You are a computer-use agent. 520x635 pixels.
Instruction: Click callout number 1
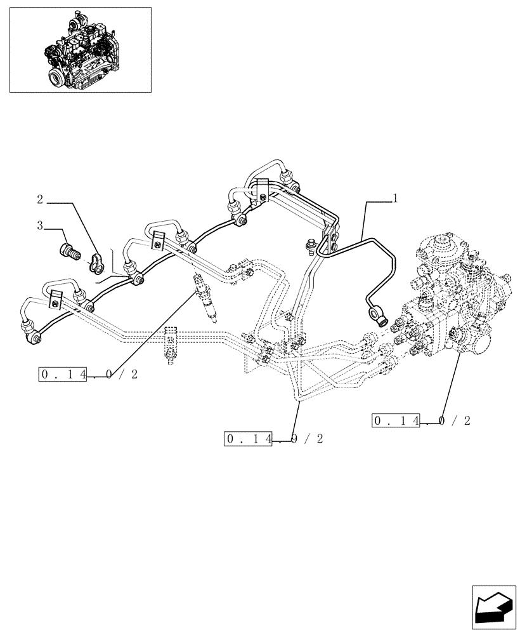pos(395,199)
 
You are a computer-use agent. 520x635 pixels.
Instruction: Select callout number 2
pos(39,200)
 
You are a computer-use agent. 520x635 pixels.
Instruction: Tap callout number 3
pos(39,225)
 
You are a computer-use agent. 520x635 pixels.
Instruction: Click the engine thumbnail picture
pos(80,50)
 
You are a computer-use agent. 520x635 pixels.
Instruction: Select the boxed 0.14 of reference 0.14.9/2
pos(249,439)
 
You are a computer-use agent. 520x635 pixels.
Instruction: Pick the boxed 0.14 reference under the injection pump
pos(397,420)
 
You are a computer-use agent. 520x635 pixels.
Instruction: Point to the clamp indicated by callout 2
pos(100,262)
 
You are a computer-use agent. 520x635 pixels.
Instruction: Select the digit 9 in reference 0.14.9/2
pos(295,439)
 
